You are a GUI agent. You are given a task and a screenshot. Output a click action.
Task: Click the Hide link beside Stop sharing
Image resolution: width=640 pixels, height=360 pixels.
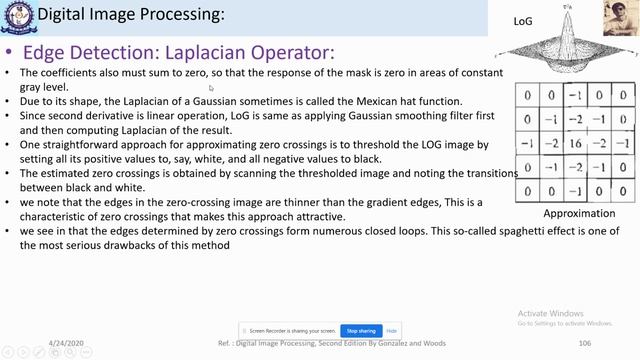(x=392, y=331)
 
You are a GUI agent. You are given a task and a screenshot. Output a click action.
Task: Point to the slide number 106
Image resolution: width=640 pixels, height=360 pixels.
(x=585, y=343)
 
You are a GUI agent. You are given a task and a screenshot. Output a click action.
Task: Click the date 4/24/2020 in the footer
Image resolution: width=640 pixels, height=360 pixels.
(x=66, y=343)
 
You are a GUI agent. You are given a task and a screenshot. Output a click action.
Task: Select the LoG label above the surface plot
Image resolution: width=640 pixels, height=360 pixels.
(x=523, y=20)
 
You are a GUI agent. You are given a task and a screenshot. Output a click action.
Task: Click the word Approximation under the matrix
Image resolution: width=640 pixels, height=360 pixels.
(x=578, y=214)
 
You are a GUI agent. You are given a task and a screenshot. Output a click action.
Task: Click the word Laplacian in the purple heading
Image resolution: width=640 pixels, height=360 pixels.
(x=205, y=53)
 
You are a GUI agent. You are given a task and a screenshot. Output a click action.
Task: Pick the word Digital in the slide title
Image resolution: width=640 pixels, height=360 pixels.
(x=59, y=16)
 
